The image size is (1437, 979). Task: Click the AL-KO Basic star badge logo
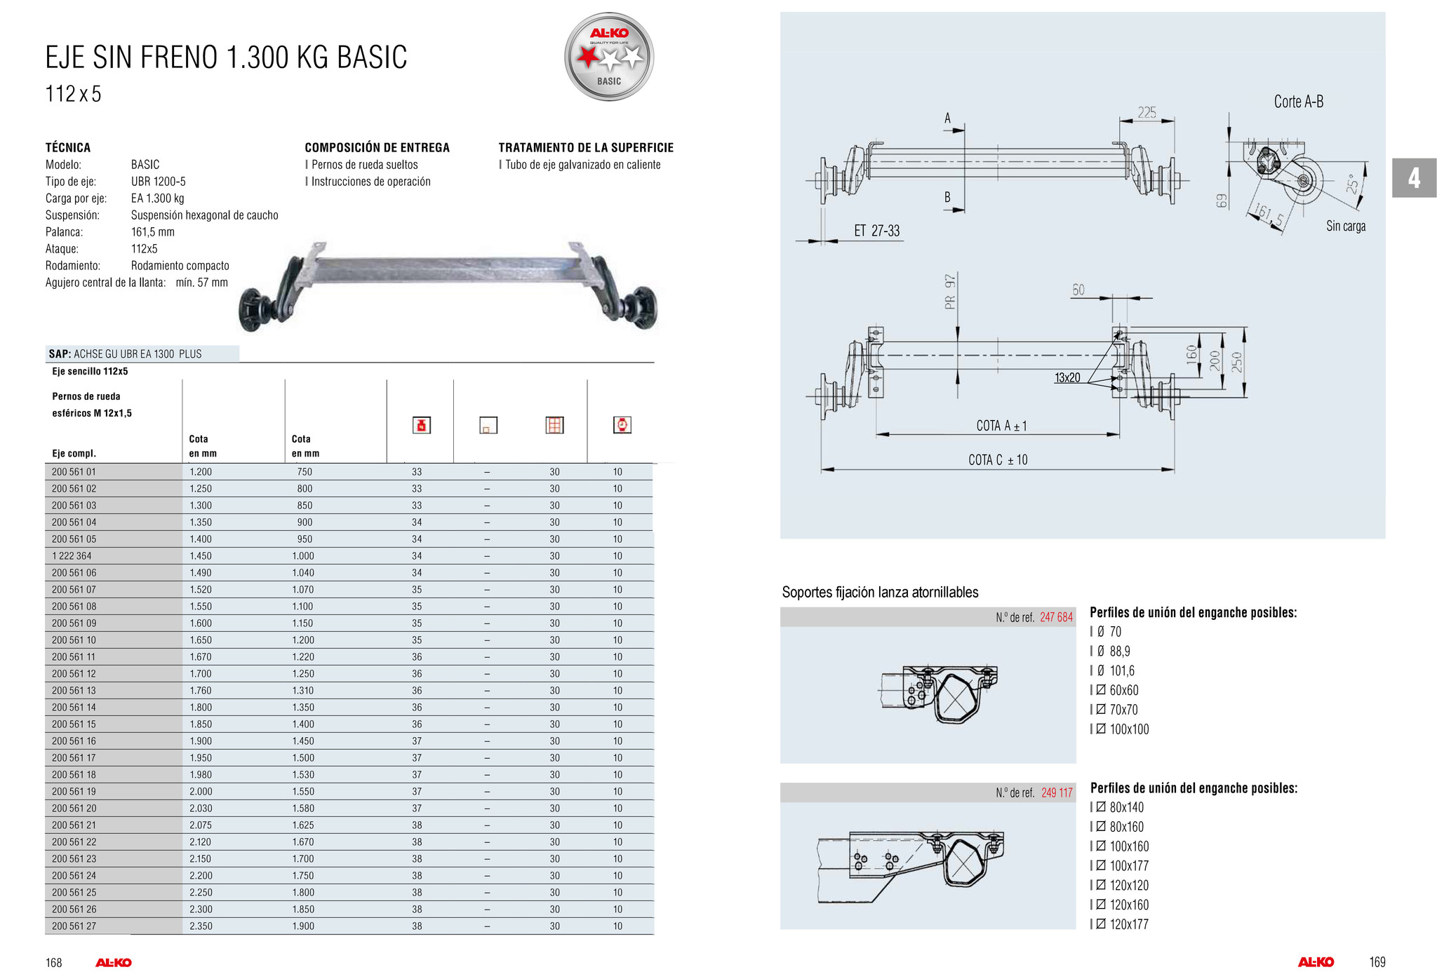[x=609, y=57]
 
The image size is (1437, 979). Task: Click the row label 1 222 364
[x=72, y=556]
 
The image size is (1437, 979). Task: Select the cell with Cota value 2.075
[x=201, y=825]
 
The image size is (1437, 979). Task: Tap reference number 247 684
[x=1056, y=617]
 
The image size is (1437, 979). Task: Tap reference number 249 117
[x=1057, y=792]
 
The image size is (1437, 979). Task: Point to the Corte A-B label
[x=1298, y=102]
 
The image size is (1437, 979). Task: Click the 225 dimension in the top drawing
[x=1147, y=112]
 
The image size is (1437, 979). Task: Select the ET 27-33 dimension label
[x=876, y=231]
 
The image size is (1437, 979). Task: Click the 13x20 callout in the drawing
[x=1067, y=378]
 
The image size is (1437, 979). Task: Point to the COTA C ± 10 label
[x=998, y=460]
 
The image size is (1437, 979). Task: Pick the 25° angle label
[x=1352, y=184]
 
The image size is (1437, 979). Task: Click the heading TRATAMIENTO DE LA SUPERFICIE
[x=586, y=147]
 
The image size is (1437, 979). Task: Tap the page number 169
[x=1377, y=962]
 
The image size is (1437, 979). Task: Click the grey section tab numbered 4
[x=1414, y=178]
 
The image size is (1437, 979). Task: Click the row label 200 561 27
[x=74, y=926]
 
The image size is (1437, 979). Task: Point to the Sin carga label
[x=1345, y=226]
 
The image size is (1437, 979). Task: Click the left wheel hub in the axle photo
[x=254, y=308]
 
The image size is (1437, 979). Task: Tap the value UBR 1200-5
[x=158, y=182]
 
